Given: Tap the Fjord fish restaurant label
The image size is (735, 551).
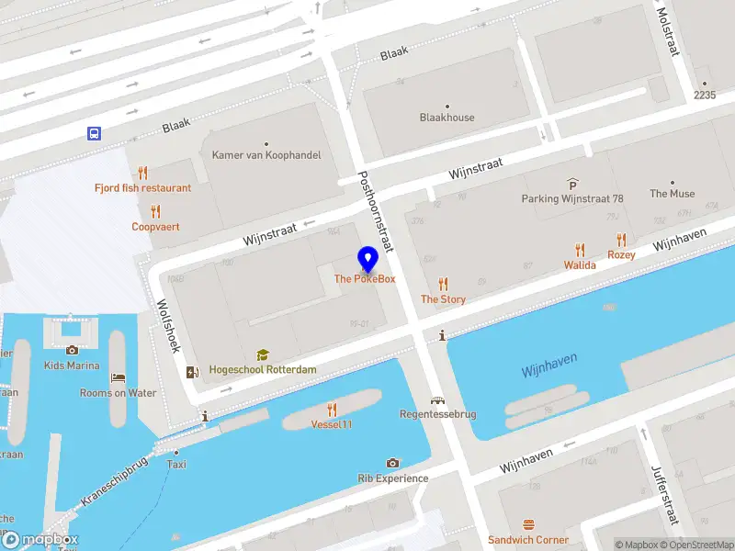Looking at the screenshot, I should coord(142,188).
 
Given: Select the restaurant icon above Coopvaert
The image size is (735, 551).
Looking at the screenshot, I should coord(155,212).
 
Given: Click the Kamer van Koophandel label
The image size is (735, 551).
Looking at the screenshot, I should coord(266,155).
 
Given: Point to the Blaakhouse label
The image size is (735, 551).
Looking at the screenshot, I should coord(447,118).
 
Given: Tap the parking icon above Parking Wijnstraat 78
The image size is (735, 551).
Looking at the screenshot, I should coord(572,185).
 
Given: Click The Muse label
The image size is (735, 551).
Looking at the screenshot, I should coord(673,194).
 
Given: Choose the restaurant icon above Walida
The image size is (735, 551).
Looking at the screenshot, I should coord(580,250).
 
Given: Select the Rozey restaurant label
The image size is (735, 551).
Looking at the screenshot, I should coord(621,254).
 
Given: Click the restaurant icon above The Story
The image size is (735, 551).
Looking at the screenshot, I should coord(444,284).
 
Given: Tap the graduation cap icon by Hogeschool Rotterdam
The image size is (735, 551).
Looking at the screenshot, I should coord(263,354).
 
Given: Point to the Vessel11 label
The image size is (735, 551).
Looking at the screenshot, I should coord(332,424).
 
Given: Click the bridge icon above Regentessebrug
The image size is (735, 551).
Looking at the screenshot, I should coord(438,400).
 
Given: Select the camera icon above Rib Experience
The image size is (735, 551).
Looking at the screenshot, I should coord(393,464).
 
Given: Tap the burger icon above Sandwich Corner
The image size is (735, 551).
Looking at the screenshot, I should coord(528,525).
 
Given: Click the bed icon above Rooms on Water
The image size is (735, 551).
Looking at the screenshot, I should coord(118,378).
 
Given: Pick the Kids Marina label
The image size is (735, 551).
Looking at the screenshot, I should coord(72,365).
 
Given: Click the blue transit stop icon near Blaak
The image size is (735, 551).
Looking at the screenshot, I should coord(95,133).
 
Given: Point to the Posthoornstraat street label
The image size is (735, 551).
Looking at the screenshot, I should coord(375,211).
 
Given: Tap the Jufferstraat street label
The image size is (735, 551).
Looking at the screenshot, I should coord(668,497).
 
